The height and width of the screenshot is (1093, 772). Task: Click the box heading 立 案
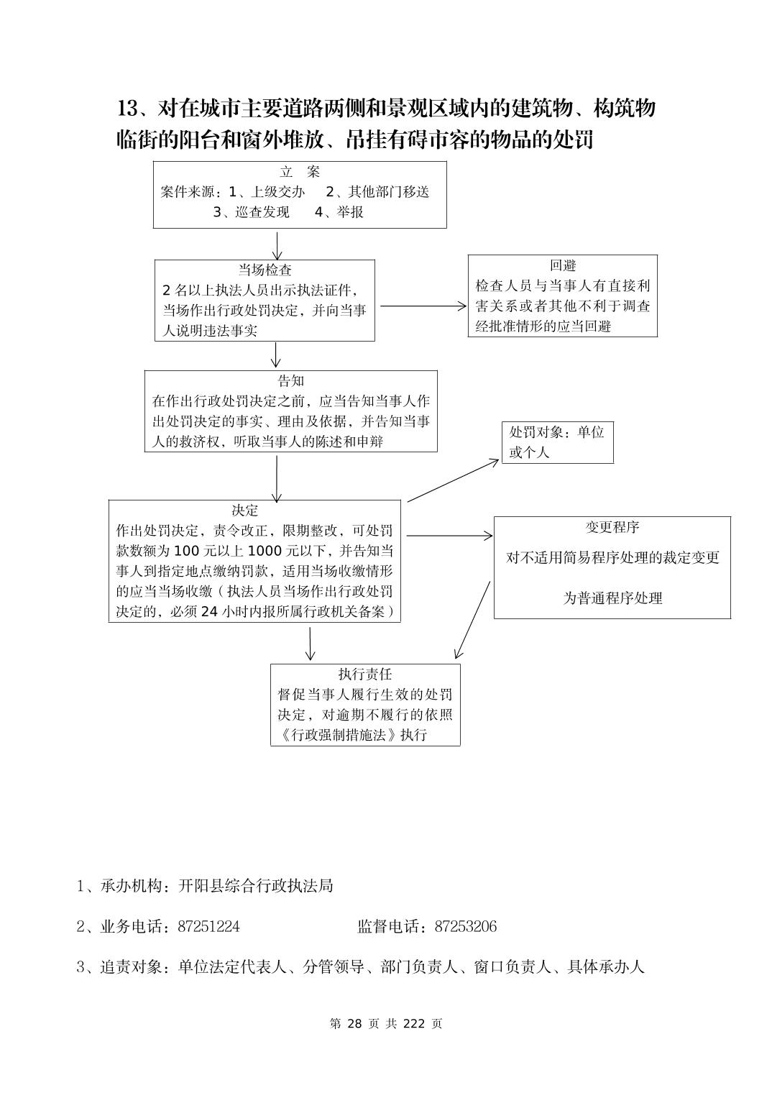pyautogui.click(x=299, y=172)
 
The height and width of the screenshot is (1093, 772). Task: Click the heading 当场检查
pyautogui.click(x=265, y=270)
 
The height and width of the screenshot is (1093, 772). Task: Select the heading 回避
pyautogui.click(x=563, y=265)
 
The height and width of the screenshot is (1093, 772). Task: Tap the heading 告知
pyautogui.click(x=290, y=380)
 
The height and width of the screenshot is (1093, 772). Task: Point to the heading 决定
pyautogui.click(x=244, y=511)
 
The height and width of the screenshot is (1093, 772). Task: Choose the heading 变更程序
pyautogui.click(x=612, y=527)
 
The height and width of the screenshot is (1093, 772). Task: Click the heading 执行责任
pyautogui.click(x=365, y=674)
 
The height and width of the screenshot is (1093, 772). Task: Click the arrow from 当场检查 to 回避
pyautogui.click(x=423, y=306)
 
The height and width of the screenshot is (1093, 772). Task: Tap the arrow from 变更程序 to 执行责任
pyautogui.click(x=472, y=620)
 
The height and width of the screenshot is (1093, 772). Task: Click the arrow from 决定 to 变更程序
pyautogui.click(x=449, y=536)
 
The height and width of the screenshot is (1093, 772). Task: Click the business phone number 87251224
pyautogui.click(x=208, y=927)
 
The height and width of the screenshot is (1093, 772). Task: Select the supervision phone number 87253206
pyautogui.click(x=465, y=927)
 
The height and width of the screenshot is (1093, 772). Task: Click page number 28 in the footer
pyautogui.click(x=354, y=1024)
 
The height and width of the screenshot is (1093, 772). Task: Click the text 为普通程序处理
pyautogui.click(x=612, y=598)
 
